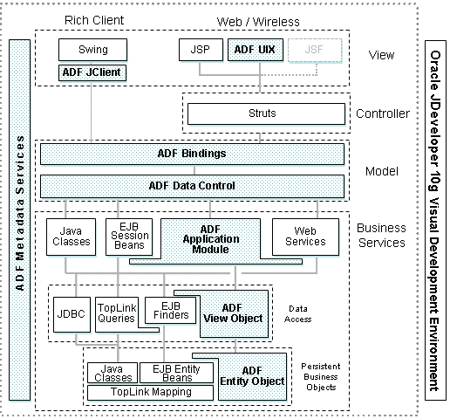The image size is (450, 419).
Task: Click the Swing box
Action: pyautogui.click(x=93, y=50)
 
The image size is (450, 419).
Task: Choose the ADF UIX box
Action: pyautogui.click(x=254, y=50)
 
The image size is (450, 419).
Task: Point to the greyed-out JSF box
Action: pyautogui.click(x=315, y=50)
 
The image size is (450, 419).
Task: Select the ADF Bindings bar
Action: pyautogui.click(x=192, y=154)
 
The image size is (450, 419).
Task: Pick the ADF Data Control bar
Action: pyautogui.click(x=192, y=185)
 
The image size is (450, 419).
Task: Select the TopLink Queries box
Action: pyautogui.click(x=116, y=313)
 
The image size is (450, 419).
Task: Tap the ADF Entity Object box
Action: pyautogui.click(x=252, y=376)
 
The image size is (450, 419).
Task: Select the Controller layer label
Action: pyautogui.click(x=382, y=113)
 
